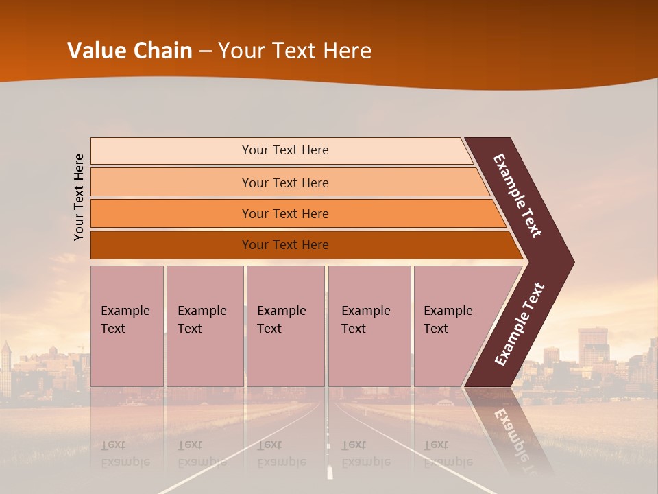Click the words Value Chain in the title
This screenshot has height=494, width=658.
tap(130, 51)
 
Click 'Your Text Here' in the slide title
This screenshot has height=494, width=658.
tap(295, 51)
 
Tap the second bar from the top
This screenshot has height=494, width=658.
tap(285, 183)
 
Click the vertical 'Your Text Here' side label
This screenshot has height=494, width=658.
tap(79, 197)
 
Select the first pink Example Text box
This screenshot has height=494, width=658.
tap(127, 326)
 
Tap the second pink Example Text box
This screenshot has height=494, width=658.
tap(204, 326)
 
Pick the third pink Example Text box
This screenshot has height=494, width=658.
tap(285, 326)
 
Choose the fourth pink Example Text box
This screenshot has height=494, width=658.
tap(369, 326)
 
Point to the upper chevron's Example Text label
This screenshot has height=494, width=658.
tap(517, 196)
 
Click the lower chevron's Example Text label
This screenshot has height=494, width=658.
tap(520, 325)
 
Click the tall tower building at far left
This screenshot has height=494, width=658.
tap(6, 367)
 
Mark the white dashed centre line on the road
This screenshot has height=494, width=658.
tap(330, 471)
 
